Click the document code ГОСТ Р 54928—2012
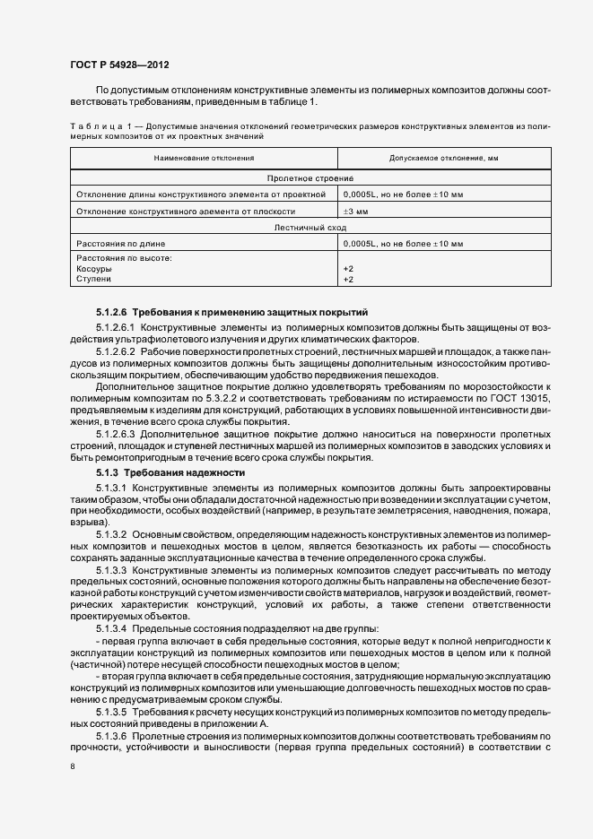tap(118, 65)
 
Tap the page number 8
tap(72, 767)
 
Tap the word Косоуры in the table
tap(94, 269)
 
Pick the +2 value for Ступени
tap(348, 279)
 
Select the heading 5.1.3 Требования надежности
tap(170, 472)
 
